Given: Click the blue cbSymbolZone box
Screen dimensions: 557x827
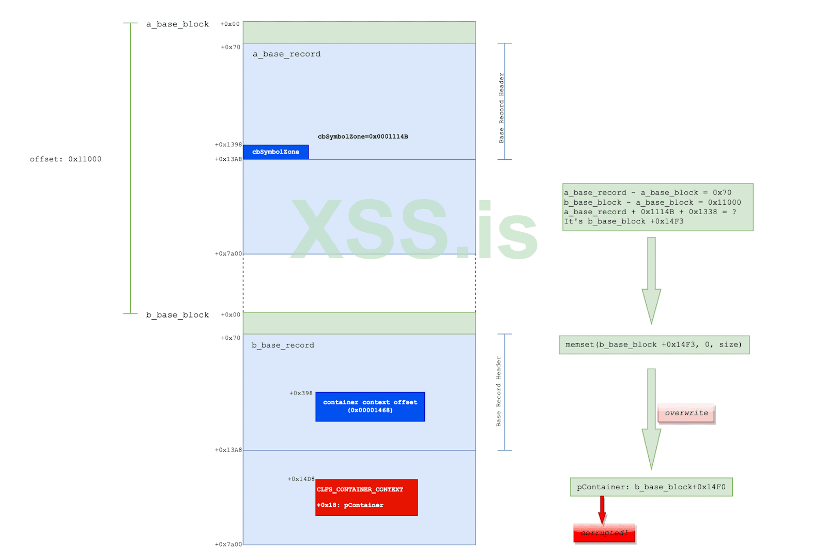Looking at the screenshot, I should pos(275,152).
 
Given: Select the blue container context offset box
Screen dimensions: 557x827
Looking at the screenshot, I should pos(370,407).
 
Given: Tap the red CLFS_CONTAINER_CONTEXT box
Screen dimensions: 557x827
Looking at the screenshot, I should pos(366,497).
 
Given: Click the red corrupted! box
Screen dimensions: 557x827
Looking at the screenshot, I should pos(604,533).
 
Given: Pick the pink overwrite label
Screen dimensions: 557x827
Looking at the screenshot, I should pos(686,413).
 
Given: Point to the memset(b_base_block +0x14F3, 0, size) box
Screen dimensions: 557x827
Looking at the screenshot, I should pos(654,345).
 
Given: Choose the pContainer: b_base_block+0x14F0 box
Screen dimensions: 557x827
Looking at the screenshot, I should pos(651,487).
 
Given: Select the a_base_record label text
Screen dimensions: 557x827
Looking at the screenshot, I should pos(286,54).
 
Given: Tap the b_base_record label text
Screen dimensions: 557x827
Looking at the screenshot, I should pos(283,345).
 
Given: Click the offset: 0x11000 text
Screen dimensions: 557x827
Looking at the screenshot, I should pos(66,159).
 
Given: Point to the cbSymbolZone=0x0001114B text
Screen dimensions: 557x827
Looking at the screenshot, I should pos(363,137).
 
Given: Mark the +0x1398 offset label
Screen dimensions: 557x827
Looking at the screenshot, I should pos(228,145).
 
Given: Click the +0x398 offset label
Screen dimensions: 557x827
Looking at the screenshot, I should pos(301,394).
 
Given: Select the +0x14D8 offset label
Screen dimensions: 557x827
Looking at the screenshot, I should pos(301,479).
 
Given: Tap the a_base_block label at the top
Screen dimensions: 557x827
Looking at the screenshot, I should pos(177,24).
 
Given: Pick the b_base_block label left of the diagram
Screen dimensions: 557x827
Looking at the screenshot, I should pos(177,315).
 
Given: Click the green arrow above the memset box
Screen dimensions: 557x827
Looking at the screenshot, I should pos(651,279).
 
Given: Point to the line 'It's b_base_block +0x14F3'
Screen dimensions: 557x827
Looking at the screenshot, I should pos(623,221).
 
